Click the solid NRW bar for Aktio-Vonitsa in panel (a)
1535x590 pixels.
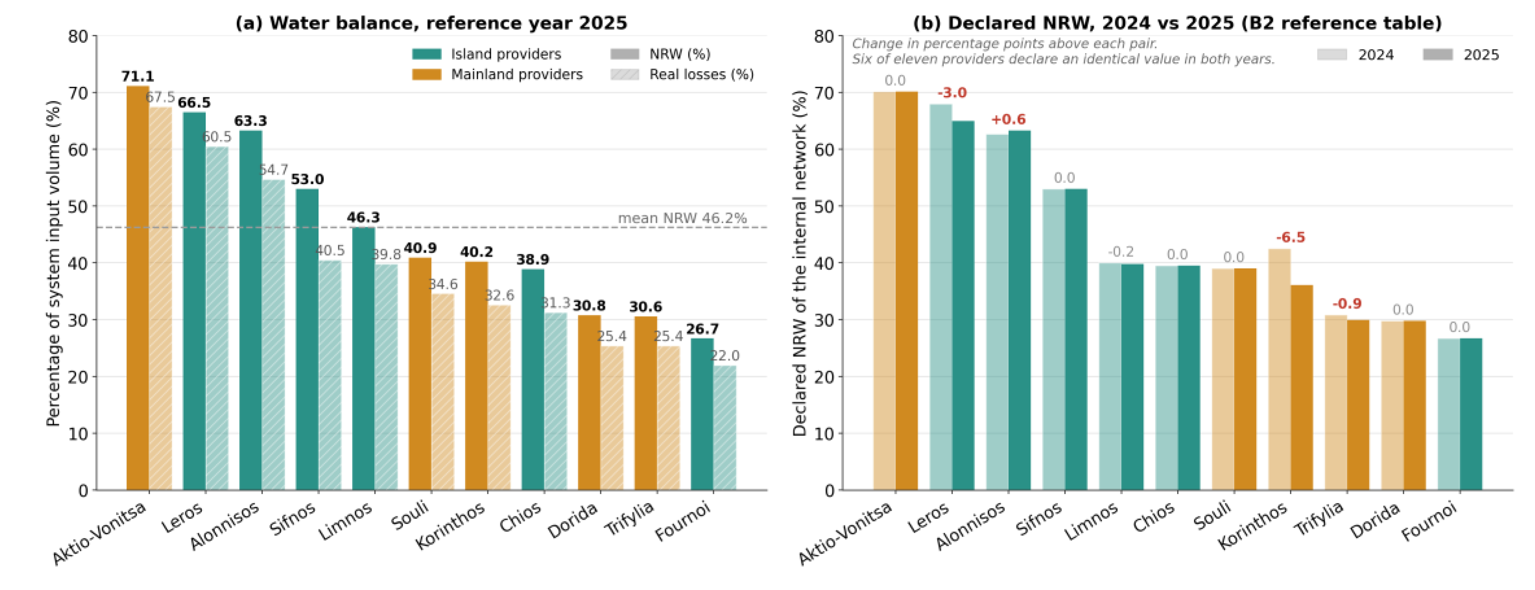click(138, 288)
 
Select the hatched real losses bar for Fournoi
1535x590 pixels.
click(725, 428)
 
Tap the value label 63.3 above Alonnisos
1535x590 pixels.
click(250, 121)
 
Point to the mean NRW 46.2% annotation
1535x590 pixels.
click(682, 219)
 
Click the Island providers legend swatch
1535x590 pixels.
click(427, 54)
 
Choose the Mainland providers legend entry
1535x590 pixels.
click(497, 74)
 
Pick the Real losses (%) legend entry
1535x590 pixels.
click(682, 74)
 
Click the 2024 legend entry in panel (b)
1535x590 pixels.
click(1356, 55)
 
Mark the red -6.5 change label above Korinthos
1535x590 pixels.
click(1291, 238)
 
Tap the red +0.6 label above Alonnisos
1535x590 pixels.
click(1008, 120)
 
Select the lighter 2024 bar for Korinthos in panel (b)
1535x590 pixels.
click(1279, 370)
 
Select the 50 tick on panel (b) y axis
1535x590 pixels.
click(825, 206)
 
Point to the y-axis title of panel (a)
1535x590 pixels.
click(54, 263)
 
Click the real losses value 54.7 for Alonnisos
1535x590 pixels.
click(274, 170)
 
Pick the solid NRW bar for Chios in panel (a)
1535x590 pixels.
click(533, 380)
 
